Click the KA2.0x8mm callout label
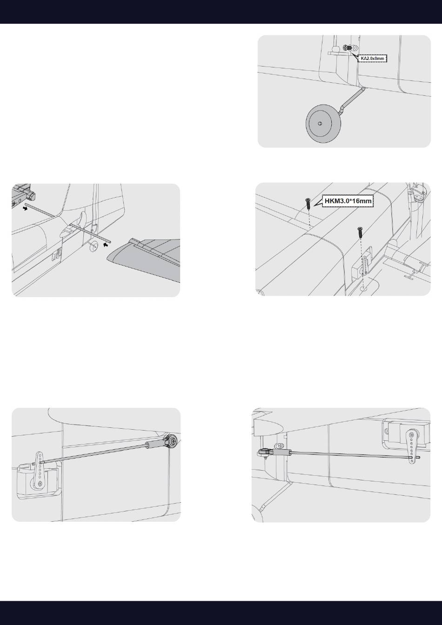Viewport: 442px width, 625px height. pyautogui.click(x=372, y=58)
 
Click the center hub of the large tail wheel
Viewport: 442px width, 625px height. pyautogui.click(x=320, y=123)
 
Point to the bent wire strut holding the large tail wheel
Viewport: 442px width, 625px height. pyautogui.click(x=352, y=100)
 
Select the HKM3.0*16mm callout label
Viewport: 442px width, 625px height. pyautogui.click(x=348, y=201)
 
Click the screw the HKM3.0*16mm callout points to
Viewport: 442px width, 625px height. pyautogui.click(x=308, y=204)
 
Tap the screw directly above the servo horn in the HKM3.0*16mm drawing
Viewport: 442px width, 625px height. pyautogui.click(x=360, y=233)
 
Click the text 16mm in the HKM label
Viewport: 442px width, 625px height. pyautogui.click(x=362, y=201)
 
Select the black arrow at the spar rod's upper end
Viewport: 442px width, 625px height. pyautogui.click(x=26, y=208)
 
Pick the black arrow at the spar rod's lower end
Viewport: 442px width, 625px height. pyautogui.click(x=107, y=245)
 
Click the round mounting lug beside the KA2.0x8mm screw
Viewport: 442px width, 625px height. pyautogui.click(x=355, y=48)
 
